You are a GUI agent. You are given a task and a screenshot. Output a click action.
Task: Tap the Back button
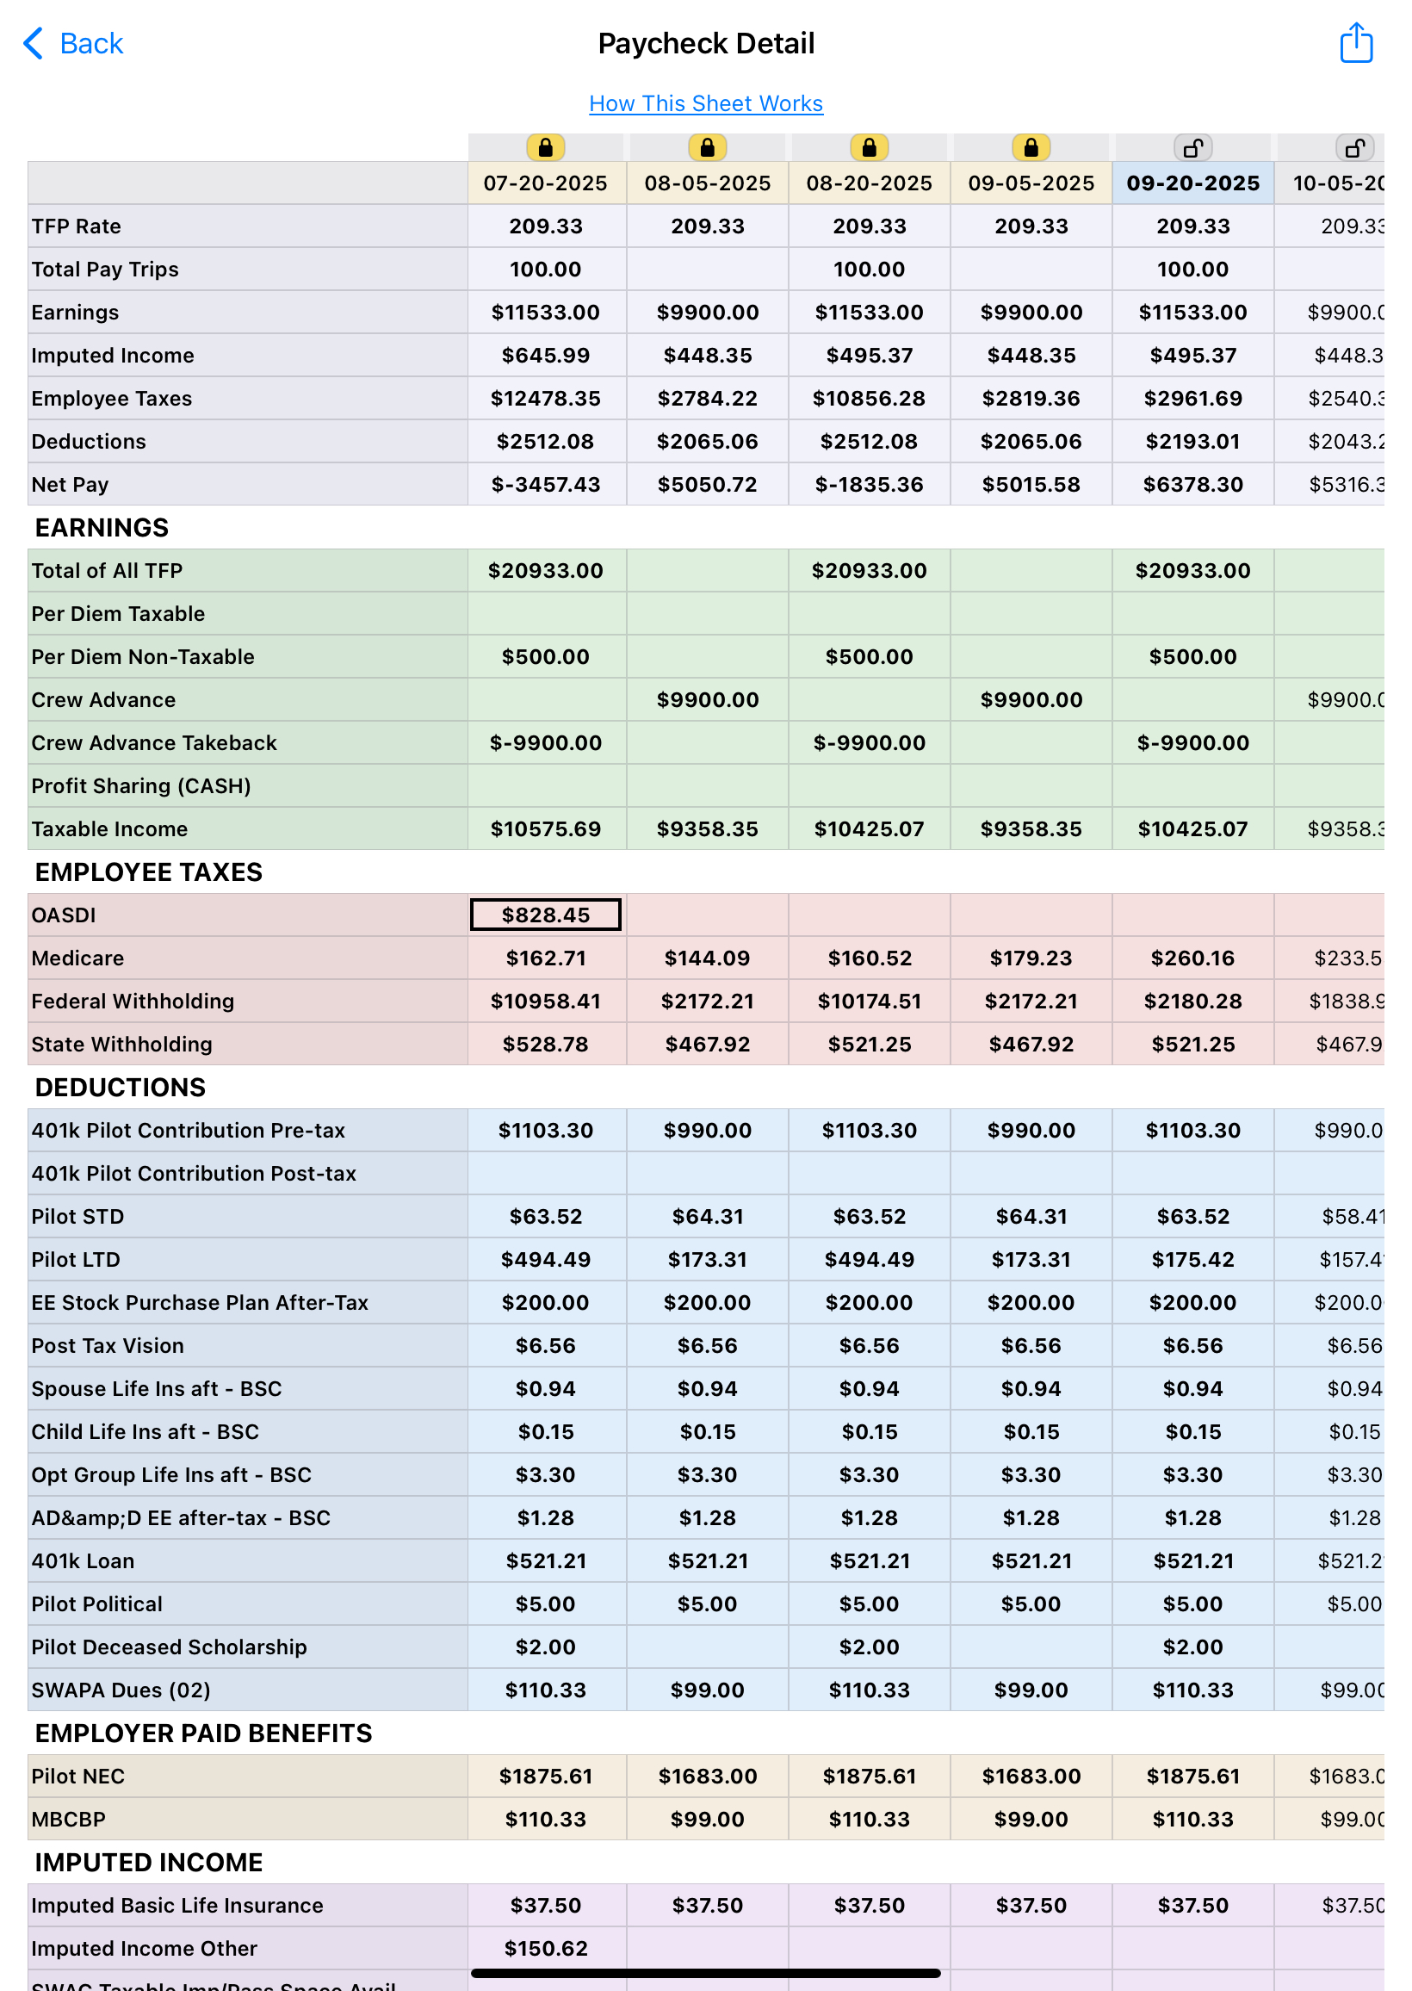tap(73, 43)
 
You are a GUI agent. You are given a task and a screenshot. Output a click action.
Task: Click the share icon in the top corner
tap(1354, 43)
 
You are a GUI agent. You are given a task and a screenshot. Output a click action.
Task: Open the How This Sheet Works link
tap(705, 103)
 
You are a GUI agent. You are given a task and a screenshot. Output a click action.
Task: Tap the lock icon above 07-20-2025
tap(545, 148)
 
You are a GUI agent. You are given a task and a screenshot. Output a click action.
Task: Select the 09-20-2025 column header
tap(1192, 183)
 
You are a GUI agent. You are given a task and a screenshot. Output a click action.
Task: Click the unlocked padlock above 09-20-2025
tap(1192, 148)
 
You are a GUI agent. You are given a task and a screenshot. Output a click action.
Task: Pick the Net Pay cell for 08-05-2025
tap(707, 484)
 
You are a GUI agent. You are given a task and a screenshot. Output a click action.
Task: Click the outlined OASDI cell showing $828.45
tap(545, 915)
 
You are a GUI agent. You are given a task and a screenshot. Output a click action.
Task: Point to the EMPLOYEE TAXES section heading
tap(149, 872)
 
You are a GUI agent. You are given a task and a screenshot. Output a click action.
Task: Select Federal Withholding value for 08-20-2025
tap(869, 1001)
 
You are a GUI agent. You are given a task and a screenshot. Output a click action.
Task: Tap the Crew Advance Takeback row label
tap(154, 742)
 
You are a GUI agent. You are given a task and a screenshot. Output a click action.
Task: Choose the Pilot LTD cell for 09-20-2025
tap(1192, 1259)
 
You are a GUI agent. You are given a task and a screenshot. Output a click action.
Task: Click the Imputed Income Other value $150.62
tap(545, 1949)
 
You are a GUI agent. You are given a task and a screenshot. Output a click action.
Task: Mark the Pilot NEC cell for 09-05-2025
tap(1031, 1777)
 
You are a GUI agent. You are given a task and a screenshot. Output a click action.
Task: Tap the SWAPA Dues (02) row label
tap(121, 1690)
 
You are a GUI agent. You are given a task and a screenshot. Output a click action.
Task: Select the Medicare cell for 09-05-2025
tap(1031, 958)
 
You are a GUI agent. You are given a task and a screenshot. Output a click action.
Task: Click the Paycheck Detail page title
tap(705, 43)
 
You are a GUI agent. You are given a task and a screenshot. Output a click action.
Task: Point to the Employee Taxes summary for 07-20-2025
tap(545, 398)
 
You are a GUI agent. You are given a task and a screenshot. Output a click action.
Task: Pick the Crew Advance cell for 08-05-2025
tap(707, 700)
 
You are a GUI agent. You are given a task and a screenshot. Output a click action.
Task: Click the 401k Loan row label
tap(83, 1560)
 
